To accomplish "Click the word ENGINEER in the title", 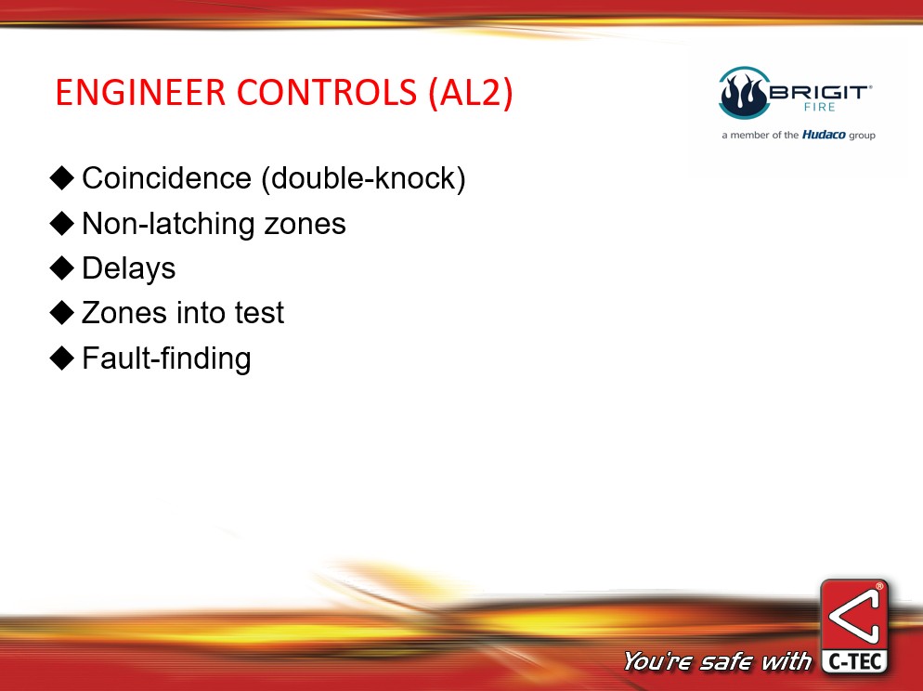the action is (140, 92).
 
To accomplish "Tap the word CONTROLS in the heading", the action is (327, 92).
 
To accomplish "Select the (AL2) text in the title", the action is (471, 93).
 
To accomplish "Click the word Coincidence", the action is (166, 177).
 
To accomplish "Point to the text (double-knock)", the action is (363, 178).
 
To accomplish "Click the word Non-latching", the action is (168, 224).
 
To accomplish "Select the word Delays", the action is (129, 269).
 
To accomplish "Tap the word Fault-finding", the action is (166, 359).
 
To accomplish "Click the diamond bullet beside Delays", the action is (62, 267).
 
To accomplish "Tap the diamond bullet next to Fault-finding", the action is (62, 358).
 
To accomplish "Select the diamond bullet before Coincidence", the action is (62, 177).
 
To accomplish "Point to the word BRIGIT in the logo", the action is (819, 92).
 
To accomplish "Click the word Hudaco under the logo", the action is (824, 135).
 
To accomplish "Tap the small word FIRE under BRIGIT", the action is (820, 107).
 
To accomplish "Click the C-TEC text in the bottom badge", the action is (854, 662).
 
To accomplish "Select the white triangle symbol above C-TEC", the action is (854, 617).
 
